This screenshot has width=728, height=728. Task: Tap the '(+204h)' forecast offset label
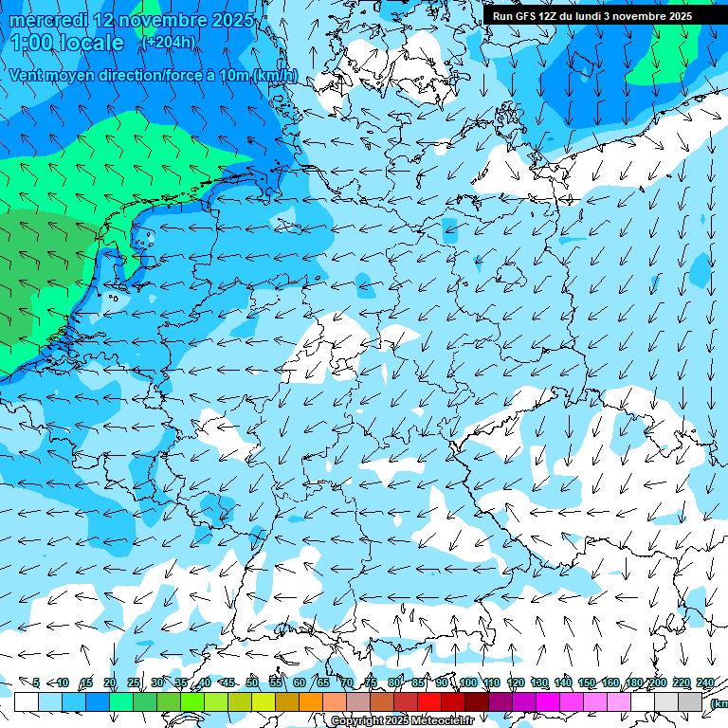[169, 42]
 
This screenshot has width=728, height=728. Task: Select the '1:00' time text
[31, 43]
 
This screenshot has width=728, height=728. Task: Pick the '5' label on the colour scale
[36, 682]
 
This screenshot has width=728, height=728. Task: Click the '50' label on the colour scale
[252, 682]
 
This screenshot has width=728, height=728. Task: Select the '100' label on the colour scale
[467, 682]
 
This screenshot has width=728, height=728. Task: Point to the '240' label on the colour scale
[704, 682]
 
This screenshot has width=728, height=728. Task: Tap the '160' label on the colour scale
[610, 682]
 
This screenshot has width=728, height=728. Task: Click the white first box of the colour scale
[27, 701]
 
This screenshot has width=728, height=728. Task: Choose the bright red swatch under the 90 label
[429, 701]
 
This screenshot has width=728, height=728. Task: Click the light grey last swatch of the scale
[690, 701]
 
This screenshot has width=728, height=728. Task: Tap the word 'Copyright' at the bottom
[356, 721]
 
